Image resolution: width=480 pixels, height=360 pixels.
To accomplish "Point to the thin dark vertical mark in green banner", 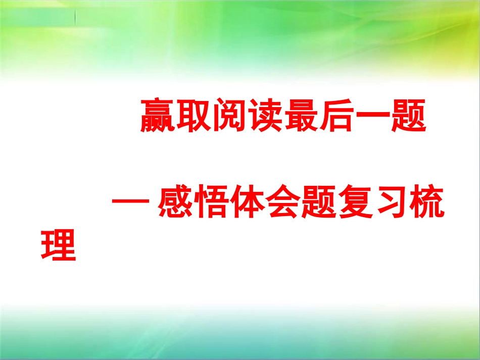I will (x=76, y=17).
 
